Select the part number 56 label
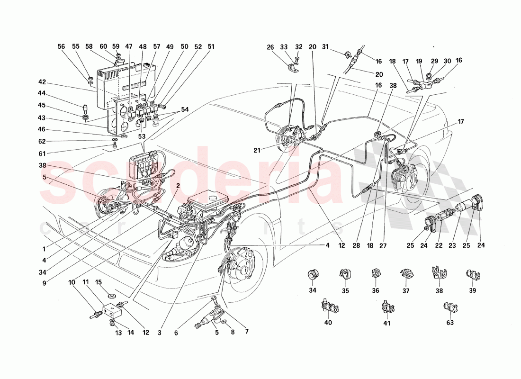coord(61,47)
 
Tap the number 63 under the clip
coord(449,323)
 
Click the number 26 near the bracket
coord(270,47)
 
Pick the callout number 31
coord(325,46)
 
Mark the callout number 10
coord(72,283)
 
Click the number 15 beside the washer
coord(98,283)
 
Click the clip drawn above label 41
coord(386,307)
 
